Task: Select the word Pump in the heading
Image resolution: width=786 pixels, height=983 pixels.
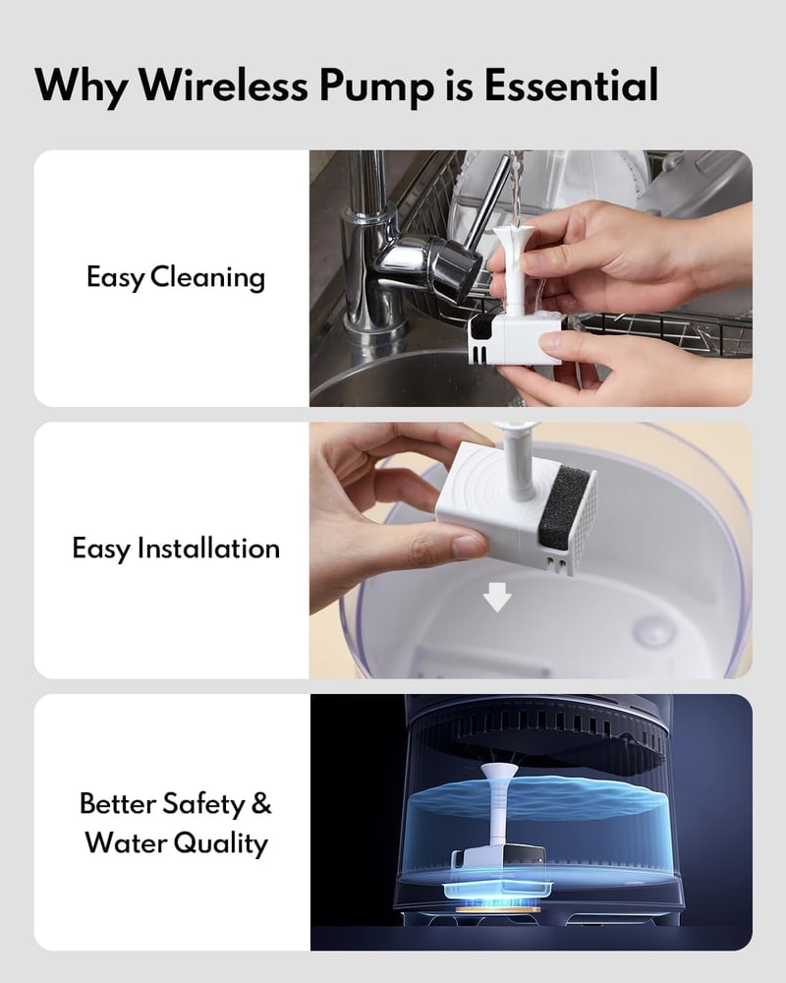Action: click(x=376, y=87)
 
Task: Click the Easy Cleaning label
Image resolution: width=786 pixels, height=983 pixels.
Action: click(x=176, y=278)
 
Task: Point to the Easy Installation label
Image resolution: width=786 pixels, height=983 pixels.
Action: click(x=176, y=549)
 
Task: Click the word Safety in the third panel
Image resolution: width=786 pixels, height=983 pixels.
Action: click(x=203, y=804)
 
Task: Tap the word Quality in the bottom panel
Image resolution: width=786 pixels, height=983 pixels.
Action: click(x=220, y=843)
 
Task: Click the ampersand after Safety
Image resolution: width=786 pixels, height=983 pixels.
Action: click(x=261, y=803)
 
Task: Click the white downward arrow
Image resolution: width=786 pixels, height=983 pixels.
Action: click(x=497, y=597)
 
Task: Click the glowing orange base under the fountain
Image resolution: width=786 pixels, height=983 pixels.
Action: click(x=498, y=907)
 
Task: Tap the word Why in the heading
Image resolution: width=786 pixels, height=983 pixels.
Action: click(x=80, y=87)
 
